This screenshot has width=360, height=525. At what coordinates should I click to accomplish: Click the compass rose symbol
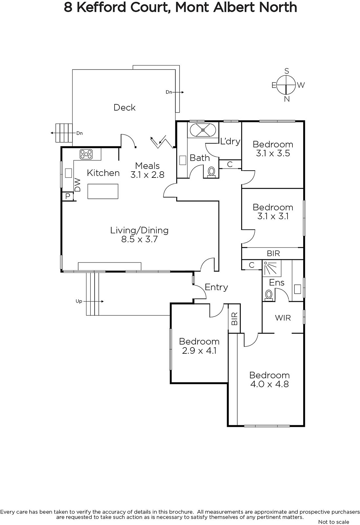(x=286, y=85)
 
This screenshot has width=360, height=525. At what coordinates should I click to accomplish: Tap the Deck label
(x=124, y=107)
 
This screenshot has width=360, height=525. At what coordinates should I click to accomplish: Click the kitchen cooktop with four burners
(x=86, y=154)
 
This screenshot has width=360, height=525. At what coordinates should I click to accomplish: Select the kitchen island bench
(x=103, y=191)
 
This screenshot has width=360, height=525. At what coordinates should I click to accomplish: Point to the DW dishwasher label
(x=77, y=185)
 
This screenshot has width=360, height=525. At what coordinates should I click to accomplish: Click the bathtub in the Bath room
(x=203, y=130)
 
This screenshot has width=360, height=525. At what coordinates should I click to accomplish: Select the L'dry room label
(x=230, y=141)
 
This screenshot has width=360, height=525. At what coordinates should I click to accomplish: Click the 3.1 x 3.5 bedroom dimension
(x=273, y=153)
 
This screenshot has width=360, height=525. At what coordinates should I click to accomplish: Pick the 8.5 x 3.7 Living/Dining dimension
(x=139, y=239)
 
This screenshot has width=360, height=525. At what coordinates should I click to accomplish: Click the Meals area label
(x=147, y=166)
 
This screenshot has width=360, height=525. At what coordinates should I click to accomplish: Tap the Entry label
(x=216, y=287)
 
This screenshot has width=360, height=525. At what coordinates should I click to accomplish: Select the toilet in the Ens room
(x=269, y=295)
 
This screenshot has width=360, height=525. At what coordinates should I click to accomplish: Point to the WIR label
(x=283, y=318)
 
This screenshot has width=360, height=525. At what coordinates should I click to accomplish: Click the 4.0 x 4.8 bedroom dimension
(x=269, y=384)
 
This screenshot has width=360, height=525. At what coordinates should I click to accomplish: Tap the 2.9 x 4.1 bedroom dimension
(x=199, y=350)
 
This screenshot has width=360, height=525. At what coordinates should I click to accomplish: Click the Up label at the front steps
(x=79, y=301)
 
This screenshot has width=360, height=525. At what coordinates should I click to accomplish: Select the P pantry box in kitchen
(x=68, y=196)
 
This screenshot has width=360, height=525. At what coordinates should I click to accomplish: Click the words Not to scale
(x=333, y=522)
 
